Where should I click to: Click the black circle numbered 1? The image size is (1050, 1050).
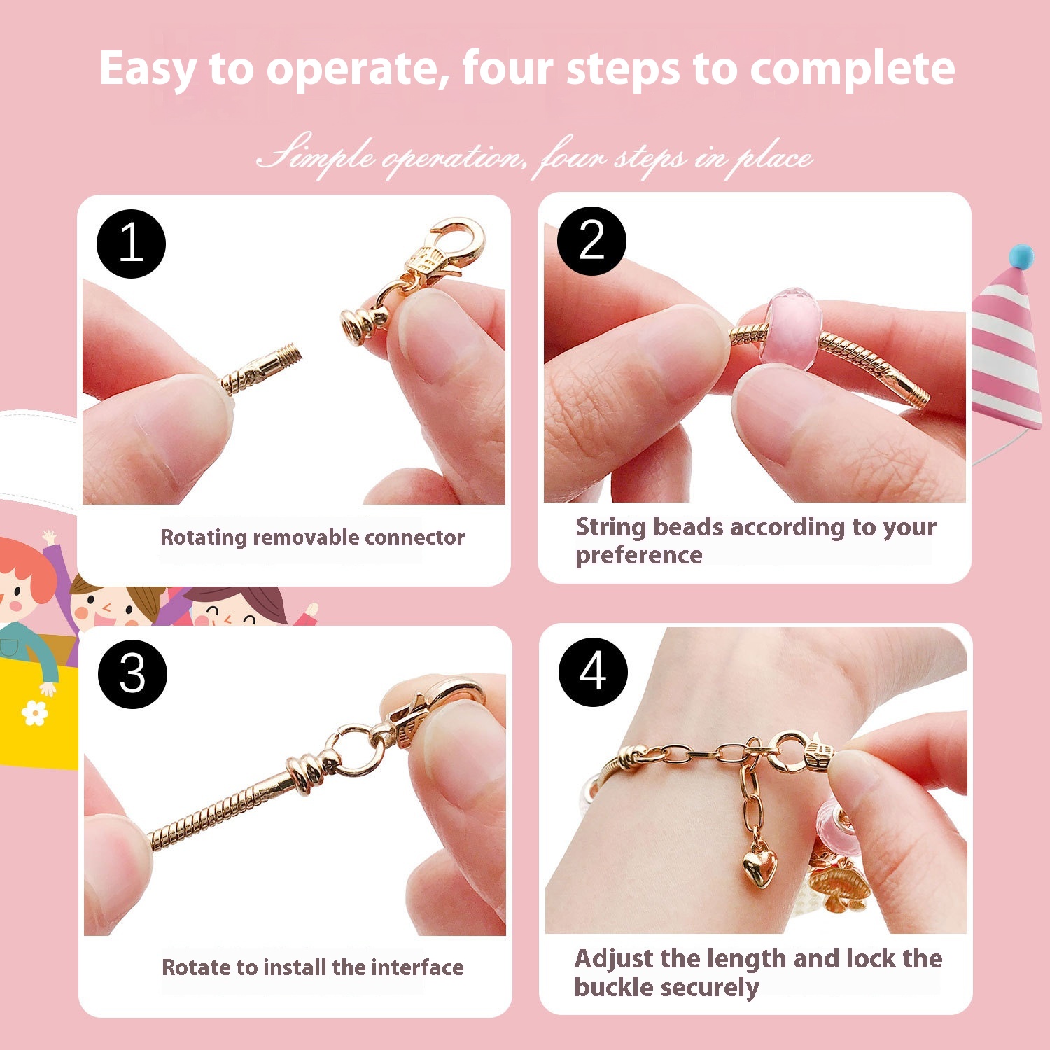click(131, 244)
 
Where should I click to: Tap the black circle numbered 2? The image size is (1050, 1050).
click(591, 241)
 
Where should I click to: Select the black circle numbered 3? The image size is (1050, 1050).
click(132, 673)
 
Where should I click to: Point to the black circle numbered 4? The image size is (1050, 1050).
click(593, 672)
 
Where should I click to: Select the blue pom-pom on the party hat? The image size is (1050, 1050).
click(1021, 256)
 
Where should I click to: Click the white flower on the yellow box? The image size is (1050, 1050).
click(34, 713)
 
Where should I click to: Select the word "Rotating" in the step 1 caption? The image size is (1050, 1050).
click(204, 538)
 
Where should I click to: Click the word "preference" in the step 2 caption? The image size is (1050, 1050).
click(638, 555)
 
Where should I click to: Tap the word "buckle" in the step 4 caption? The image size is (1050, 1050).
click(614, 986)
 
